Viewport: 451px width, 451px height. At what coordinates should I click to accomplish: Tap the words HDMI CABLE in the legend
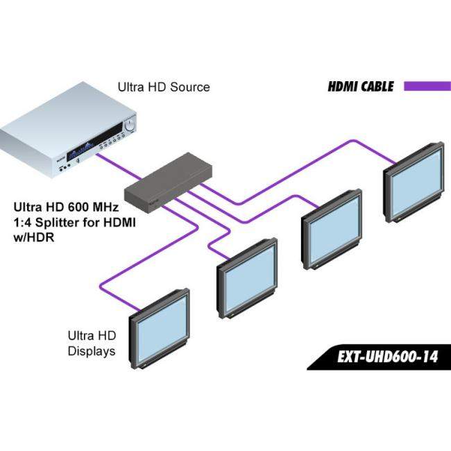point(361,87)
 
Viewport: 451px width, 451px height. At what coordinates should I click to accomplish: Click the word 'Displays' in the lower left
point(91,351)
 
